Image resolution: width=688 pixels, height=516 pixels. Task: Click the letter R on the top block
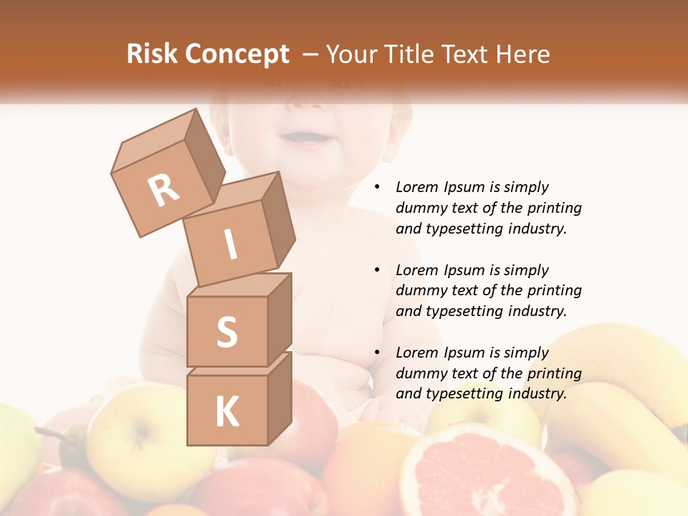[x=163, y=191]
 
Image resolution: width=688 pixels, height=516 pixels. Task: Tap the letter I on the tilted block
[x=230, y=244]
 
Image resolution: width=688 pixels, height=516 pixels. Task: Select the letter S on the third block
[x=226, y=332]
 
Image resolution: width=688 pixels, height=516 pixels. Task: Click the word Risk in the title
[x=153, y=54]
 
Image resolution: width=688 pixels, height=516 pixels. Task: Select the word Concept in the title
[x=237, y=55]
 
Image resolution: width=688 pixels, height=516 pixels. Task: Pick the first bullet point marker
[x=376, y=188]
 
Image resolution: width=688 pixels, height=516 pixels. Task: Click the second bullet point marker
[x=376, y=270]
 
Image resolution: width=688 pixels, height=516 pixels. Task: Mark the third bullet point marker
[x=376, y=353]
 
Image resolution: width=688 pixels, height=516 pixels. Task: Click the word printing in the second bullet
[x=555, y=290]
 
